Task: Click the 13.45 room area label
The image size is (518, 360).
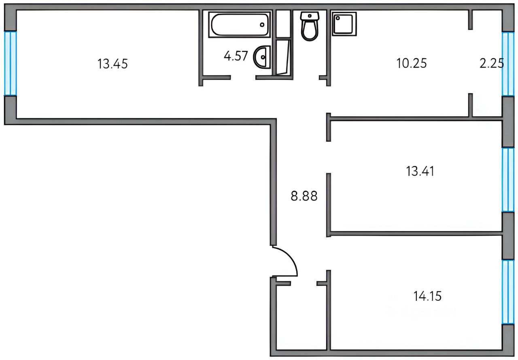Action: pyautogui.click(x=113, y=64)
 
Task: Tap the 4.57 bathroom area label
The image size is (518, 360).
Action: pyautogui.click(x=236, y=56)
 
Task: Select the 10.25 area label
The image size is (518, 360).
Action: pyautogui.click(x=412, y=64)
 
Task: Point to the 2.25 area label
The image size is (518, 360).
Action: pyautogui.click(x=492, y=64)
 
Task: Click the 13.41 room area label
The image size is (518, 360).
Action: pyautogui.click(x=420, y=171)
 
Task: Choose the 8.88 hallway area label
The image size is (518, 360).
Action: pyautogui.click(x=304, y=196)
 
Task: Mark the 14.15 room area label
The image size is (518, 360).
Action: pyautogui.click(x=427, y=296)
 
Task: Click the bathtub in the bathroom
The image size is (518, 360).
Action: pyautogui.click(x=239, y=25)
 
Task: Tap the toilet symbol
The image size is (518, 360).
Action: pyautogui.click(x=310, y=26)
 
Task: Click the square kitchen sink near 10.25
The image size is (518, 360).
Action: pyautogui.click(x=344, y=24)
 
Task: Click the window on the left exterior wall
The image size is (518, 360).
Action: pyautogui.click(x=11, y=64)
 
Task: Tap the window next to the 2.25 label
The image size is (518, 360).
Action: pyautogui.click(x=508, y=64)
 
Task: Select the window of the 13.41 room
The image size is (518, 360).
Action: pyautogui.click(x=508, y=180)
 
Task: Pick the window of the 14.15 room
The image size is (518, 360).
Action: pyautogui.click(x=508, y=292)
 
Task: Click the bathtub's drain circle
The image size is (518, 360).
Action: pyautogui.click(x=262, y=25)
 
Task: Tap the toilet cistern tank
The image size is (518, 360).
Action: pyautogui.click(x=310, y=16)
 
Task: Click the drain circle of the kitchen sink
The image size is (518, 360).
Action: pyautogui.click(x=338, y=18)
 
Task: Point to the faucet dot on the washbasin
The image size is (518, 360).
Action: pyautogui.click(x=263, y=57)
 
